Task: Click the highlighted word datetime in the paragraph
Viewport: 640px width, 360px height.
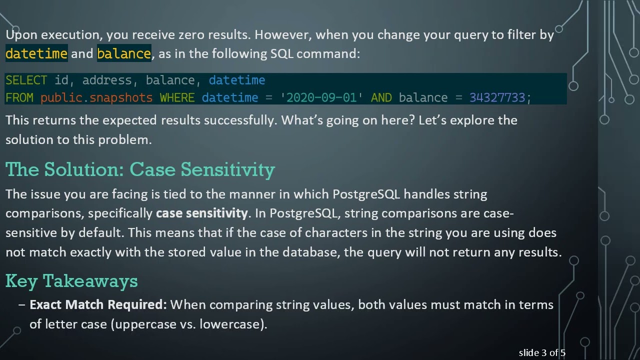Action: pyautogui.click(x=36, y=53)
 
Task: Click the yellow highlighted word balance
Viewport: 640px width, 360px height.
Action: pyautogui.click(x=124, y=53)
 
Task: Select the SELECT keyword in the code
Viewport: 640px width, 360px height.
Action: pyautogui.click(x=26, y=80)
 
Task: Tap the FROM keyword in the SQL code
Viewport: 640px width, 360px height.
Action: pyautogui.click(x=19, y=97)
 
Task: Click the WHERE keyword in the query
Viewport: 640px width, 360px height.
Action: pyautogui.click(x=177, y=97)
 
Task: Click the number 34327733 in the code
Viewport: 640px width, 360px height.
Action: pyautogui.click(x=497, y=97)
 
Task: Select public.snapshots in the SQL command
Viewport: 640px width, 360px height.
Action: pyautogui.click(x=96, y=97)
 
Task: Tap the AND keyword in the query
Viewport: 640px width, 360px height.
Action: pyautogui.click(x=381, y=97)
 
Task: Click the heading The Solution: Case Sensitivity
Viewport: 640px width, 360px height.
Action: pyautogui.click(x=140, y=169)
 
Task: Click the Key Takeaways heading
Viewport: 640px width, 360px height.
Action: pyautogui.click(x=71, y=281)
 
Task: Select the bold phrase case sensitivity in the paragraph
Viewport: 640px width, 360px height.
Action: pyautogui.click(x=201, y=213)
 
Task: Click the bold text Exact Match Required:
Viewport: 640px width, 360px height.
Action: pyautogui.click(x=98, y=304)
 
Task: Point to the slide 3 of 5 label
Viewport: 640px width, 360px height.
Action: pyautogui.click(x=541, y=353)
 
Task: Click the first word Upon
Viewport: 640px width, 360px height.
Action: pyautogui.click(x=21, y=35)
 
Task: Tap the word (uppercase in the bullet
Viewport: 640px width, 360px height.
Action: pyautogui.click(x=142, y=324)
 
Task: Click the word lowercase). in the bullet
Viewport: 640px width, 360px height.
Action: pyautogui.click(x=233, y=324)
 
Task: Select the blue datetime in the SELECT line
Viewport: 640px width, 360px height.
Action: pyautogui.click(x=237, y=80)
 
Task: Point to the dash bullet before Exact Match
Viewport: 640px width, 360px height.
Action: pyautogui.click(x=21, y=304)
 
